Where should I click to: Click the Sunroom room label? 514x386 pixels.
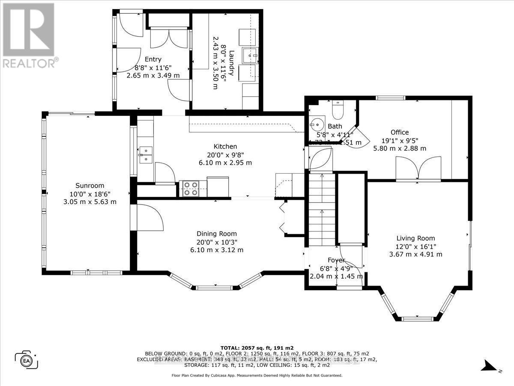pyautogui.click(x=90, y=186)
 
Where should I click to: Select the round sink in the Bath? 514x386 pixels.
pyautogui.click(x=318, y=124)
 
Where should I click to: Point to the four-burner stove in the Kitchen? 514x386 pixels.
pyautogui.click(x=189, y=189)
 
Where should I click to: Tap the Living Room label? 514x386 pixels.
pyautogui.click(x=415, y=238)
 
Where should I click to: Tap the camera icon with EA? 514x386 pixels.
pyautogui.click(x=27, y=359)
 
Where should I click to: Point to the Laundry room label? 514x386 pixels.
pyautogui.click(x=232, y=63)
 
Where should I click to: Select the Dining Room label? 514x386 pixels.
pyautogui.click(x=217, y=234)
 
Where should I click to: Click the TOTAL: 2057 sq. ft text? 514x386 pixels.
pyautogui.click(x=257, y=348)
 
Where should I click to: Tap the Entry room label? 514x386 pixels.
pyautogui.click(x=153, y=60)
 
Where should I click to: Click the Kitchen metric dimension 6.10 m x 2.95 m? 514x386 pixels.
pyautogui.click(x=225, y=163)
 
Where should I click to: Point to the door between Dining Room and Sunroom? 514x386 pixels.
pyautogui.click(x=148, y=219)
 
